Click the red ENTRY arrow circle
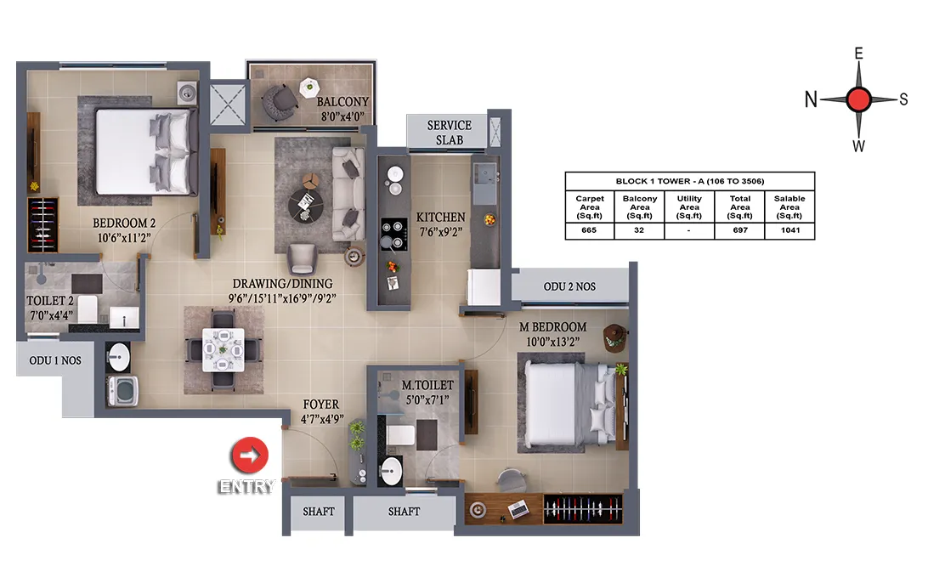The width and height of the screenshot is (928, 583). click(x=249, y=456)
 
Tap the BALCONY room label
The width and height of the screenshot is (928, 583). click(x=342, y=102)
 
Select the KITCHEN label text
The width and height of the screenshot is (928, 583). click(x=440, y=218)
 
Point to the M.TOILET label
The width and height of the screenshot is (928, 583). click(x=427, y=385)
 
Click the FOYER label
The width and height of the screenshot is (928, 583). click(x=320, y=405)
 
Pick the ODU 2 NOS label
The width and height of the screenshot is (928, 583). click(x=569, y=286)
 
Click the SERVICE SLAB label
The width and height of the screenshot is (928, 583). click(x=450, y=133)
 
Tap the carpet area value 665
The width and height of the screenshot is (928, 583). click(x=589, y=230)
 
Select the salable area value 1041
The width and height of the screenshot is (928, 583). click(x=790, y=230)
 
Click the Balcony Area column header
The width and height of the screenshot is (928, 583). click(x=639, y=207)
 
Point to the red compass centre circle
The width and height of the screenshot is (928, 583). click(x=858, y=99)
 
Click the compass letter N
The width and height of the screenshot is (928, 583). click(x=810, y=99)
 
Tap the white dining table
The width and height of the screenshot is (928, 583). click(x=224, y=350)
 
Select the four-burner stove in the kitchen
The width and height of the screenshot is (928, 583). click(x=393, y=234)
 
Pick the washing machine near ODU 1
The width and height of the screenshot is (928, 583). click(x=123, y=391)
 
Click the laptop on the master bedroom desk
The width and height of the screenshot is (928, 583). click(x=518, y=509)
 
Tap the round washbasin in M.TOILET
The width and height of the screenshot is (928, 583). click(x=390, y=472)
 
